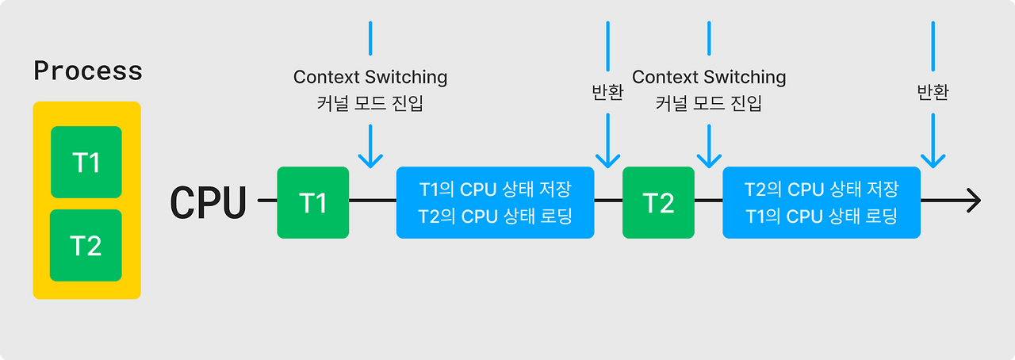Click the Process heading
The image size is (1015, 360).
click(88, 71)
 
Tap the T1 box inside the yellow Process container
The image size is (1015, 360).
click(86, 162)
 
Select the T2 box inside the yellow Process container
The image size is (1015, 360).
click(86, 245)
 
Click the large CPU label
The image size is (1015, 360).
click(208, 202)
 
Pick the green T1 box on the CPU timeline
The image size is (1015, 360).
click(313, 202)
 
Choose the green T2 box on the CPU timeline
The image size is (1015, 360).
click(658, 202)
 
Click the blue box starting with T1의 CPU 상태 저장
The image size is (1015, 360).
click(496, 202)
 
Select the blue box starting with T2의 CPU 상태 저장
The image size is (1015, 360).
click(822, 202)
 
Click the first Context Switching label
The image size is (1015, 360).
click(370, 77)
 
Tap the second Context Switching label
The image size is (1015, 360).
click(709, 77)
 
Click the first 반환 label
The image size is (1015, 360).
click(607, 92)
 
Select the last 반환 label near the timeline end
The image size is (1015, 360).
click(933, 92)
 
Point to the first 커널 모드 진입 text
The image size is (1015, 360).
click(370, 103)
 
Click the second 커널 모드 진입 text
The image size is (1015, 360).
click(709, 103)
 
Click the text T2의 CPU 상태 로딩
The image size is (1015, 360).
click(496, 216)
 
